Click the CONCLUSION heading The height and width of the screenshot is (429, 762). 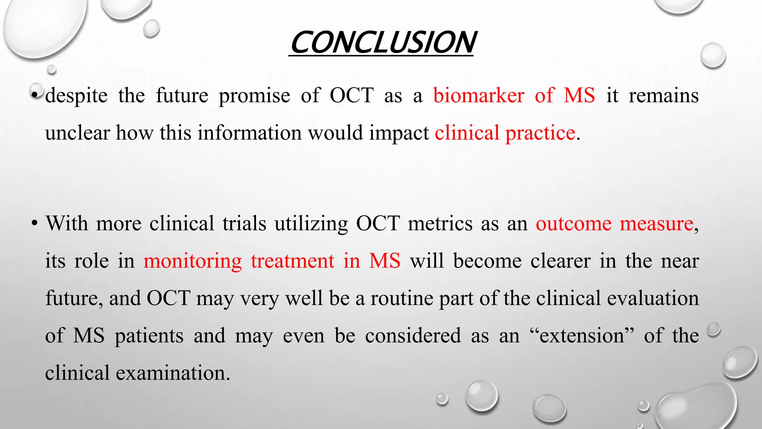click(x=382, y=43)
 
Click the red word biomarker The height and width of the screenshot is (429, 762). click(x=478, y=95)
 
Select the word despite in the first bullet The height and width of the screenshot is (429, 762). click(x=76, y=96)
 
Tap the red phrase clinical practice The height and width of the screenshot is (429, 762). click(x=505, y=133)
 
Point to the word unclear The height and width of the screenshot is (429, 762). click(x=77, y=133)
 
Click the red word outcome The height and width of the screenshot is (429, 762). click(x=573, y=224)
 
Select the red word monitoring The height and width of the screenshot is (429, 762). click(x=192, y=261)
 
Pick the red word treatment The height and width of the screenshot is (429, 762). click(x=292, y=261)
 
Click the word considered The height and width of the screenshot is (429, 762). click(x=413, y=336)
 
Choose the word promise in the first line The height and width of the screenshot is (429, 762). click(x=254, y=96)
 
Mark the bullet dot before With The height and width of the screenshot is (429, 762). click(x=35, y=224)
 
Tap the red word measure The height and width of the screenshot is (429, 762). click(x=656, y=224)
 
